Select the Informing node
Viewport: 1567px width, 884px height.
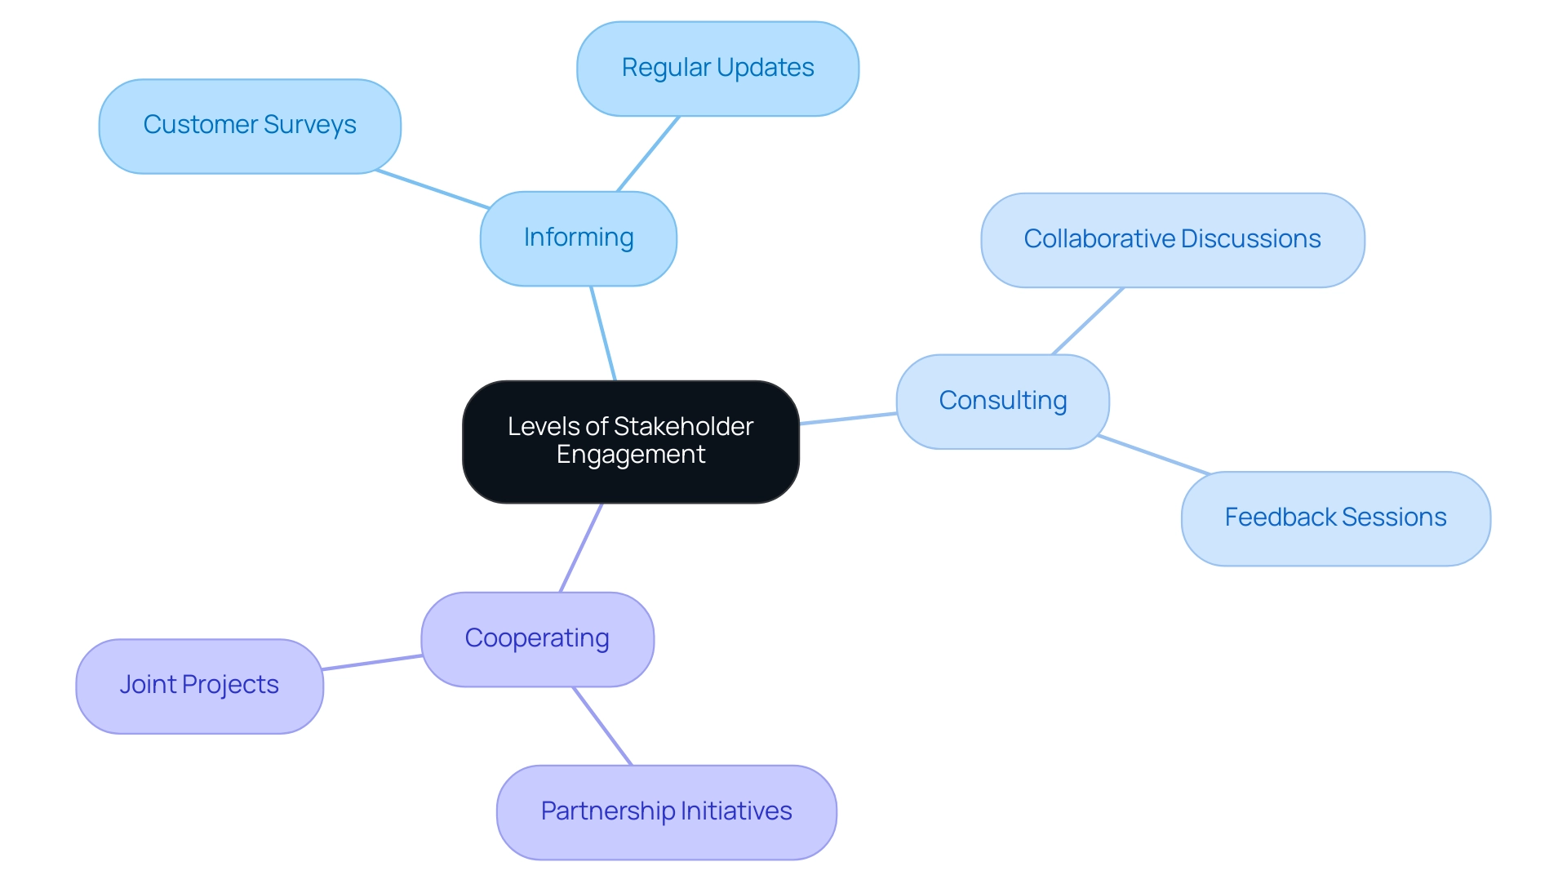[x=578, y=238]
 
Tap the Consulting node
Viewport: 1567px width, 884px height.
[x=1002, y=401]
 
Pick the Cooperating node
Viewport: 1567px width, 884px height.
[x=537, y=639]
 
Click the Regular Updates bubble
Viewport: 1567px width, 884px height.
[x=717, y=69]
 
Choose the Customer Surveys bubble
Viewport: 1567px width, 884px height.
[x=250, y=126]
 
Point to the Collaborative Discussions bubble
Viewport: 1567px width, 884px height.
[x=1172, y=240]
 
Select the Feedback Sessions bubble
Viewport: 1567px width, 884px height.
[x=1335, y=518]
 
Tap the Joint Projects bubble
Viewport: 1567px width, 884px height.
[x=199, y=686]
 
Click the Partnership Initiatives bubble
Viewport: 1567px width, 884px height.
[x=666, y=811]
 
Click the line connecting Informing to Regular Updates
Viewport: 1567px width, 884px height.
[x=648, y=153]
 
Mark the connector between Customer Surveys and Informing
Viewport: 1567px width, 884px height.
[x=433, y=189]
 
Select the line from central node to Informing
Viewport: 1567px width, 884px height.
[x=603, y=333]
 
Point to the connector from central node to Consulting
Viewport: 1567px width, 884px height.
[x=848, y=419]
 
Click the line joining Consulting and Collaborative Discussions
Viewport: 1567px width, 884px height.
[x=1088, y=321]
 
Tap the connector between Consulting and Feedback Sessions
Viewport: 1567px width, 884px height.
[x=1153, y=455]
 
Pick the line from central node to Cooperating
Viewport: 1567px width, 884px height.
[x=581, y=547]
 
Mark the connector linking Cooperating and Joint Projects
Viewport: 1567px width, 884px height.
[x=372, y=662]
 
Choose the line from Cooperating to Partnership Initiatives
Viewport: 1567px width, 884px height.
[x=602, y=726]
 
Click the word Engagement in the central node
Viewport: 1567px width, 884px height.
[x=630, y=455]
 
